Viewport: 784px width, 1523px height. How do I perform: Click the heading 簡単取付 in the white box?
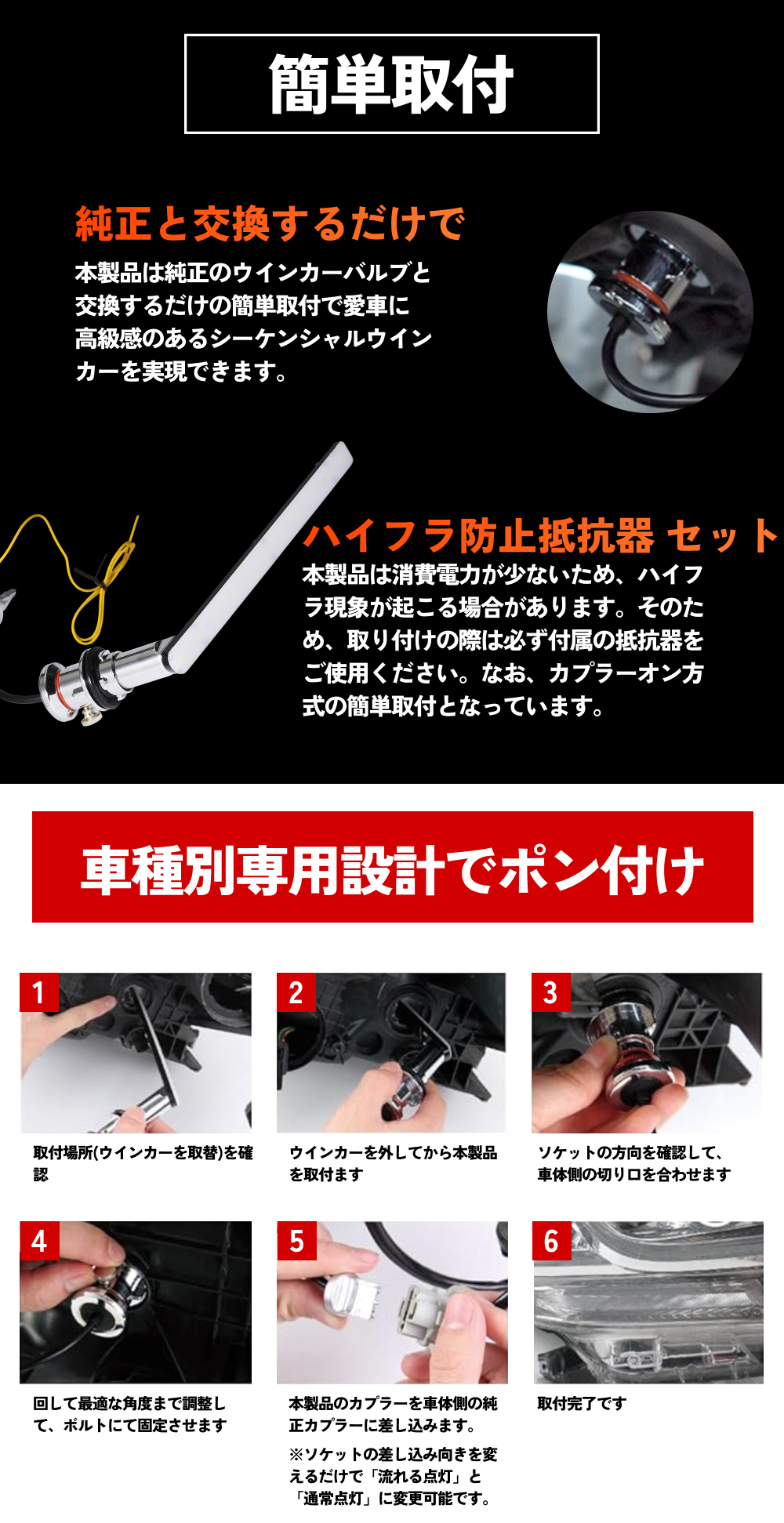(391, 84)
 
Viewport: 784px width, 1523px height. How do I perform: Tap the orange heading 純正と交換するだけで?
(270, 224)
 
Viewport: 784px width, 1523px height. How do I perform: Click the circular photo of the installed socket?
(650, 312)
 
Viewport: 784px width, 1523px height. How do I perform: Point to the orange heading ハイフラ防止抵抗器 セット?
(541, 536)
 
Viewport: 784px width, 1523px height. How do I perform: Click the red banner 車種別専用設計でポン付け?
(392, 867)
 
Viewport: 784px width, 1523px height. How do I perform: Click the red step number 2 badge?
(296, 992)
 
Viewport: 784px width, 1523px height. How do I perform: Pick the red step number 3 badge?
(551, 992)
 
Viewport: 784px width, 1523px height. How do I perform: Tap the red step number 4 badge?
(39, 1241)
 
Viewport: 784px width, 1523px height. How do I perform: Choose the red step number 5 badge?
(296, 1241)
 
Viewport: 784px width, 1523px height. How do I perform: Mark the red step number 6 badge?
(551, 1241)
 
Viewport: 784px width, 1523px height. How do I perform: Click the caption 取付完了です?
(582, 1403)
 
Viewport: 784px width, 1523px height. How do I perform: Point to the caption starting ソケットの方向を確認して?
(633, 1163)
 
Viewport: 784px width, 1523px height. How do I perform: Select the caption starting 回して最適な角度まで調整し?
(130, 1414)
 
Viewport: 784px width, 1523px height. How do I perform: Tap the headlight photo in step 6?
(648, 1302)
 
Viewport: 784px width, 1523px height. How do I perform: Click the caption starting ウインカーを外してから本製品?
(393, 1163)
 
